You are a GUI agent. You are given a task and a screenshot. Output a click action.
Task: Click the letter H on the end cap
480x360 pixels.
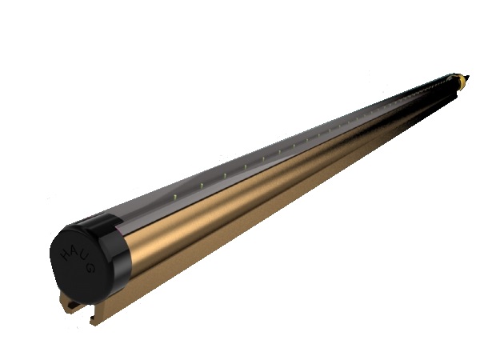(x=66, y=255)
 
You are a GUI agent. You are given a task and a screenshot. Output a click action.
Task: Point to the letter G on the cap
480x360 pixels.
(x=90, y=268)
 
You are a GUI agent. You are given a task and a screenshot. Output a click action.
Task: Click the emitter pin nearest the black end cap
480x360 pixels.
(x=174, y=197)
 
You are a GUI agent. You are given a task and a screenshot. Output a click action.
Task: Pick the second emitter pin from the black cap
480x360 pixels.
(x=202, y=186)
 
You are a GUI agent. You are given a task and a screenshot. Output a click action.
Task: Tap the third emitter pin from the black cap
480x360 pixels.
(x=225, y=175)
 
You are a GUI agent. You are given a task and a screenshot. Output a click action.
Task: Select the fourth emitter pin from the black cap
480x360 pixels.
(x=245, y=166)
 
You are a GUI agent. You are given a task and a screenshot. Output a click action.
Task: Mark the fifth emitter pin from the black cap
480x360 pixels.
(x=263, y=159)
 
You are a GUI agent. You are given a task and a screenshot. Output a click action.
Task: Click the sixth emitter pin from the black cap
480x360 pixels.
(x=279, y=152)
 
